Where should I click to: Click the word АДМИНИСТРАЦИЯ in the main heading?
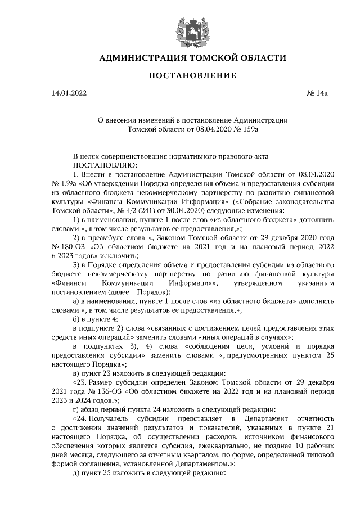tap(138, 58)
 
